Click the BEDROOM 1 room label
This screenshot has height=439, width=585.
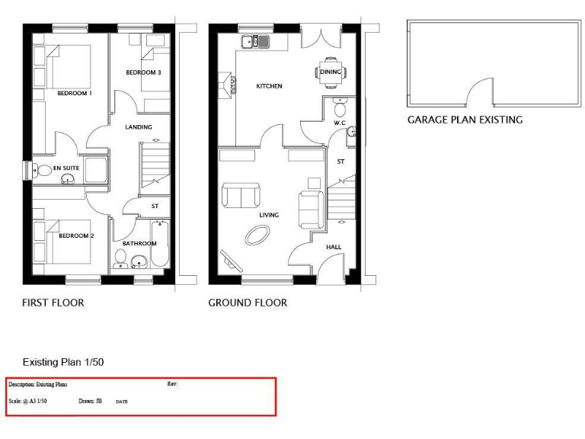(75, 93)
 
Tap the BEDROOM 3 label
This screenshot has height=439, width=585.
(143, 72)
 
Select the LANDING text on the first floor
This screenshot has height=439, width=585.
(139, 127)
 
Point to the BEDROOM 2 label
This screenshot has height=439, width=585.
(76, 236)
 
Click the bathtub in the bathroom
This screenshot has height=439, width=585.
(159, 244)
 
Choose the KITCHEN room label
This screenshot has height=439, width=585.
(269, 86)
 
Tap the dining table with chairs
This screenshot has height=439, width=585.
(330, 72)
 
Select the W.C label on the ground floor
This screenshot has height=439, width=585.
(340, 123)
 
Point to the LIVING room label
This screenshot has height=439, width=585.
(269, 215)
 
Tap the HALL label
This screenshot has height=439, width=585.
(334, 247)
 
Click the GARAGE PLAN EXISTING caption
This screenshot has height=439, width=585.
(465, 120)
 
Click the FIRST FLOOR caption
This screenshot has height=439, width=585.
(53, 303)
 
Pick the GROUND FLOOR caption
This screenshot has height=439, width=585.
(248, 303)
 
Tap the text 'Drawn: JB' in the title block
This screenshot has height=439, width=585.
(90, 400)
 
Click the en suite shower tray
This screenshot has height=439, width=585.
(96, 170)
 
